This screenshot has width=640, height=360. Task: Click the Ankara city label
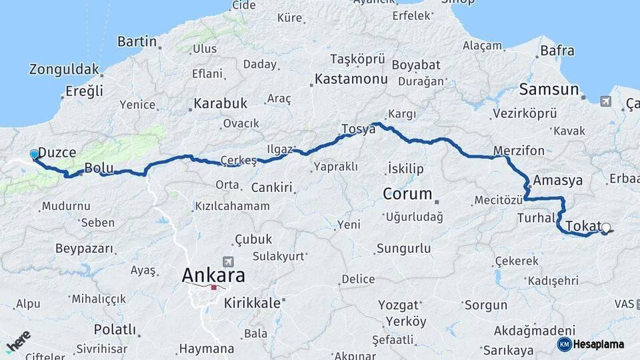pyautogui.click(x=213, y=275)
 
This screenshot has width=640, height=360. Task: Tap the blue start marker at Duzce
pyautogui.click(x=35, y=155)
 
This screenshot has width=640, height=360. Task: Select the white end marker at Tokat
pyautogui.click(x=606, y=228)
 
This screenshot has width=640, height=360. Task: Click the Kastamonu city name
pyautogui.click(x=351, y=79)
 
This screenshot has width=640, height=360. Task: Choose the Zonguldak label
pyautogui.click(x=64, y=69)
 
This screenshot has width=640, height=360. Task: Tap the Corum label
pyautogui.click(x=408, y=194)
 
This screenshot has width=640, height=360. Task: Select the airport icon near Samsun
pyautogui.click(x=605, y=101)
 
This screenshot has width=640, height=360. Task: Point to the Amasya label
pyautogui.click(x=558, y=180)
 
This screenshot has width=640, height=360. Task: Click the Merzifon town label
pyautogui.click(x=519, y=150)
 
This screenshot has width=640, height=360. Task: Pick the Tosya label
pyautogui.click(x=358, y=129)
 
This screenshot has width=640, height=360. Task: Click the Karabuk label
pyautogui.click(x=220, y=103)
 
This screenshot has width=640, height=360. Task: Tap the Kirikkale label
pyautogui.click(x=251, y=302)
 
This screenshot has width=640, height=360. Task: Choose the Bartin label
pyautogui.click(x=137, y=41)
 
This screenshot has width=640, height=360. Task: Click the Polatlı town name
pyautogui.click(x=115, y=329)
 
